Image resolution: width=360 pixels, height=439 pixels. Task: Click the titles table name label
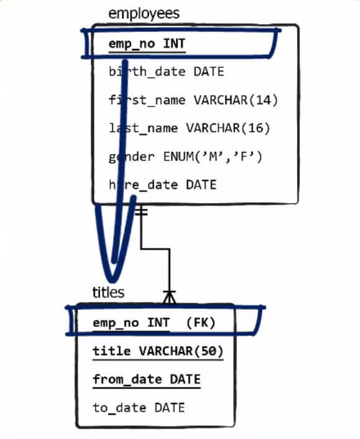pos(108,292)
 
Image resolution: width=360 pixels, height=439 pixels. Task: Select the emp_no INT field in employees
pos(146,44)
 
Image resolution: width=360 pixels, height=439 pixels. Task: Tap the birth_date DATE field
pos(166,72)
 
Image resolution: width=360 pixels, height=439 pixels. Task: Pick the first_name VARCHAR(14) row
pos(193,100)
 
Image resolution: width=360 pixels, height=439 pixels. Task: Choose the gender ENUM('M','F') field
pos(186,156)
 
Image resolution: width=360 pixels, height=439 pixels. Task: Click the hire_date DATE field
pos(163,185)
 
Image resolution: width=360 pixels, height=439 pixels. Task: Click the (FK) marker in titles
pos(200,323)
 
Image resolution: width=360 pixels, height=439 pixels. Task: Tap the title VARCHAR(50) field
pos(158,351)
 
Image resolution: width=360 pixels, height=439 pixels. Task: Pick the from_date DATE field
pos(146,379)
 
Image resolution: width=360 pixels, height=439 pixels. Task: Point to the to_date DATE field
pos(138,407)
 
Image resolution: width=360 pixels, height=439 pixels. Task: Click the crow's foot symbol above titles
pos(169,297)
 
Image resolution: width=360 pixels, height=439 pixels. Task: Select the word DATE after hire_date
pos(201,185)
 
